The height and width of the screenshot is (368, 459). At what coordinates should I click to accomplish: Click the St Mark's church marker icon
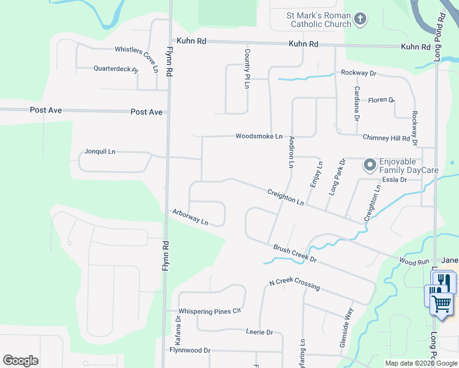point(360,20)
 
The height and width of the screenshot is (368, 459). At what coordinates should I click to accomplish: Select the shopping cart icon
point(441,303)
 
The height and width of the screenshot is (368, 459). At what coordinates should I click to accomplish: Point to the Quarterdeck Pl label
point(116,69)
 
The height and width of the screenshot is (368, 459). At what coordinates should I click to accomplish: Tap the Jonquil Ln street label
point(100,151)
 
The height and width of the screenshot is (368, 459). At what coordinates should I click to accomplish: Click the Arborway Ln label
point(190,217)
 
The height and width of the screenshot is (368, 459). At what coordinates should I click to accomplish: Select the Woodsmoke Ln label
point(259,136)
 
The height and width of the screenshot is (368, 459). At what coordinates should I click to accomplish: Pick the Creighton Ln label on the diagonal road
point(285,197)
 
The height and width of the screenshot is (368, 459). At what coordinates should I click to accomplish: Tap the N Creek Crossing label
point(294,285)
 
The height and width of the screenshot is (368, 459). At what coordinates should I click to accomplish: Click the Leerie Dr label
point(259,332)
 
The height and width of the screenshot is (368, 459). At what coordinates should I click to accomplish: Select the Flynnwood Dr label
point(190,350)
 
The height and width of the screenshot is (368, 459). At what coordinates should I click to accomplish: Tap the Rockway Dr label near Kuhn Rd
point(358,73)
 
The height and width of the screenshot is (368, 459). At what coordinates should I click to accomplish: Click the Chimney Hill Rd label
point(386,139)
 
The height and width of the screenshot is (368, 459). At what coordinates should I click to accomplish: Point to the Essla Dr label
point(395,180)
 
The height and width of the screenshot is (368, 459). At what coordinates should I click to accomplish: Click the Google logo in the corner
point(20,361)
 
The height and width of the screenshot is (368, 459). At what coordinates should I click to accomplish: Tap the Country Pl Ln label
point(247,69)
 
